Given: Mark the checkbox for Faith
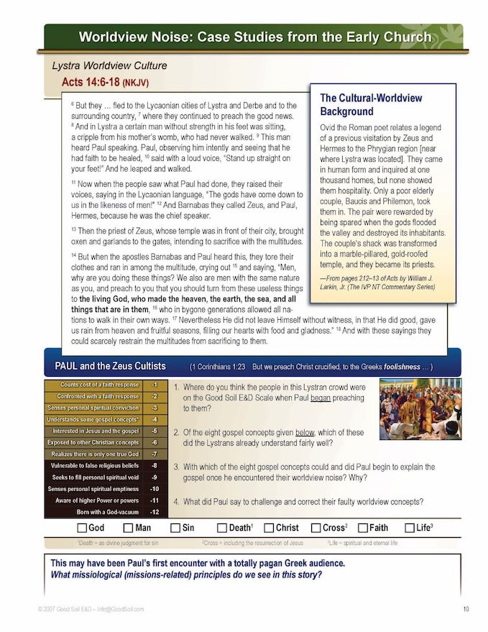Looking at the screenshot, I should pos(362,528).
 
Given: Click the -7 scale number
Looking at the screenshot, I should pos(154,454).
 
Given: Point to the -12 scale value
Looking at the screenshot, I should pos(154,512).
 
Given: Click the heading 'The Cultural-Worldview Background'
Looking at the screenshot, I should pos(371,105).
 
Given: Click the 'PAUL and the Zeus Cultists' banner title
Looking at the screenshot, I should pos(110,366).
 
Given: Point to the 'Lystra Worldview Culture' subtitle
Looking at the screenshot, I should pos(109,65).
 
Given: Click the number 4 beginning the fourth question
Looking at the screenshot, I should pos(176,501).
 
